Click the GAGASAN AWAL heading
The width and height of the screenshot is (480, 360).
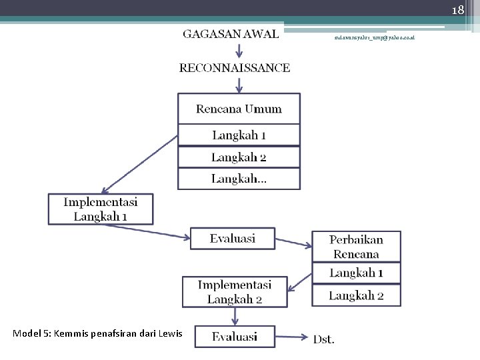(231, 35)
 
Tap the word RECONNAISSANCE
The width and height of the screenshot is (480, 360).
(235, 67)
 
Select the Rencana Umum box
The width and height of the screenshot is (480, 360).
(239, 109)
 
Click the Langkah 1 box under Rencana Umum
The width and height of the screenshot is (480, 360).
(239, 135)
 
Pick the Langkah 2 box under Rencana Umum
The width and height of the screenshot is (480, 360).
(239, 157)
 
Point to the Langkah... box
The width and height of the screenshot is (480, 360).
(239, 179)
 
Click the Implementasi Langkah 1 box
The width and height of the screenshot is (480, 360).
(101, 209)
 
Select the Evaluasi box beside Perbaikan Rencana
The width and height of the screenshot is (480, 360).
(232, 238)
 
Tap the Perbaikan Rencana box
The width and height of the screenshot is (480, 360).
(356, 247)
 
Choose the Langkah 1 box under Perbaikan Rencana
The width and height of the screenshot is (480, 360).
(356, 273)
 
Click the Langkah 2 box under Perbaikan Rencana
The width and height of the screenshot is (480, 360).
(356, 295)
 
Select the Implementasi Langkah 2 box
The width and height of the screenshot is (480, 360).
(235, 292)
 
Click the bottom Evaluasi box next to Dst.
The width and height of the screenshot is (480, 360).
(235, 337)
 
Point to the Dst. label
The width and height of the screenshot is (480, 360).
(324, 339)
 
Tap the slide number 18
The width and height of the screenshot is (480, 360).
(457, 10)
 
